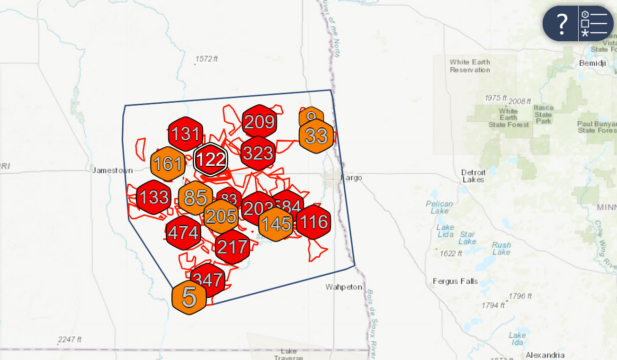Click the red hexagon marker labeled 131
pyautogui.click(x=186, y=135)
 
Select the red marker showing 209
pyautogui.click(x=259, y=123)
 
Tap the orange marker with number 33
pyautogui.click(x=317, y=136)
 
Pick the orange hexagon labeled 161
pyautogui.click(x=168, y=164)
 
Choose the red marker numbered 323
pyautogui.click(x=258, y=153)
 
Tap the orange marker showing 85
pyautogui.click(x=195, y=198)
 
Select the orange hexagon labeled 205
pyautogui.click(x=221, y=216)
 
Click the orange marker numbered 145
pyautogui.click(x=276, y=225)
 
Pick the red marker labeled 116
pyautogui.click(x=313, y=222)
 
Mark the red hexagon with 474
pyautogui.click(x=182, y=234)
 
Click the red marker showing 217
pyautogui.click(x=232, y=247)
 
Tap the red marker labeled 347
pyautogui.click(x=207, y=279)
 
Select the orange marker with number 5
pyautogui.click(x=189, y=297)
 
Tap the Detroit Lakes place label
pyautogui.click(x=474, y=177)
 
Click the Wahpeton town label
pyautogui.click(x=343, y=287)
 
